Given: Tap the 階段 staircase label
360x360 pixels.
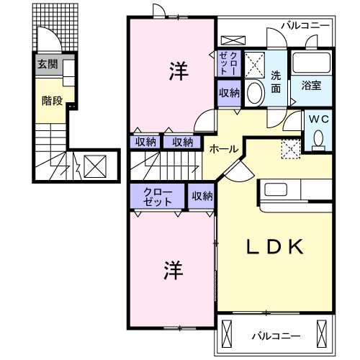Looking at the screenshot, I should [x=51, y=101].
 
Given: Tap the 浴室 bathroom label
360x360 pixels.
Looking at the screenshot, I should [x=311, y=85].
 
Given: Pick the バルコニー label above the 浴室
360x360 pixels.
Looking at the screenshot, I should [x=305, y=25].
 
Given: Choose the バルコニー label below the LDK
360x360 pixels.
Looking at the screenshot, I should [x=276, y=336].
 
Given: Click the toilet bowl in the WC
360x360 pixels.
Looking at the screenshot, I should [x=317, y=139].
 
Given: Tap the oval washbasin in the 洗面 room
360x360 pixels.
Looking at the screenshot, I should [x=255, y=93].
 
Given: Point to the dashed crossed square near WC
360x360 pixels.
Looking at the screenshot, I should [x=291, y=149].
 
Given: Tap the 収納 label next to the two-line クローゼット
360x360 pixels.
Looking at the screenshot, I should [x=202, y=195].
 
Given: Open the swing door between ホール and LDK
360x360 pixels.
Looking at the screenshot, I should [x=240, y=171].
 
